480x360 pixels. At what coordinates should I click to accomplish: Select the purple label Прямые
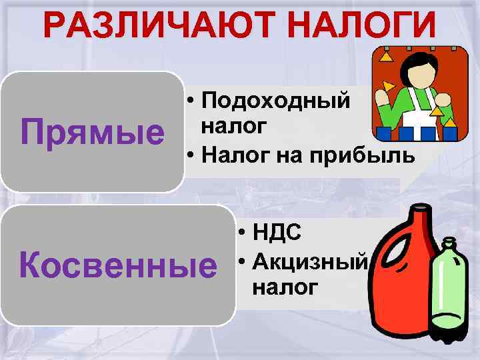click(x=93, y=131)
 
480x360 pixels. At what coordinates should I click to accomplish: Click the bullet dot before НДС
click(x=241, y=233)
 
